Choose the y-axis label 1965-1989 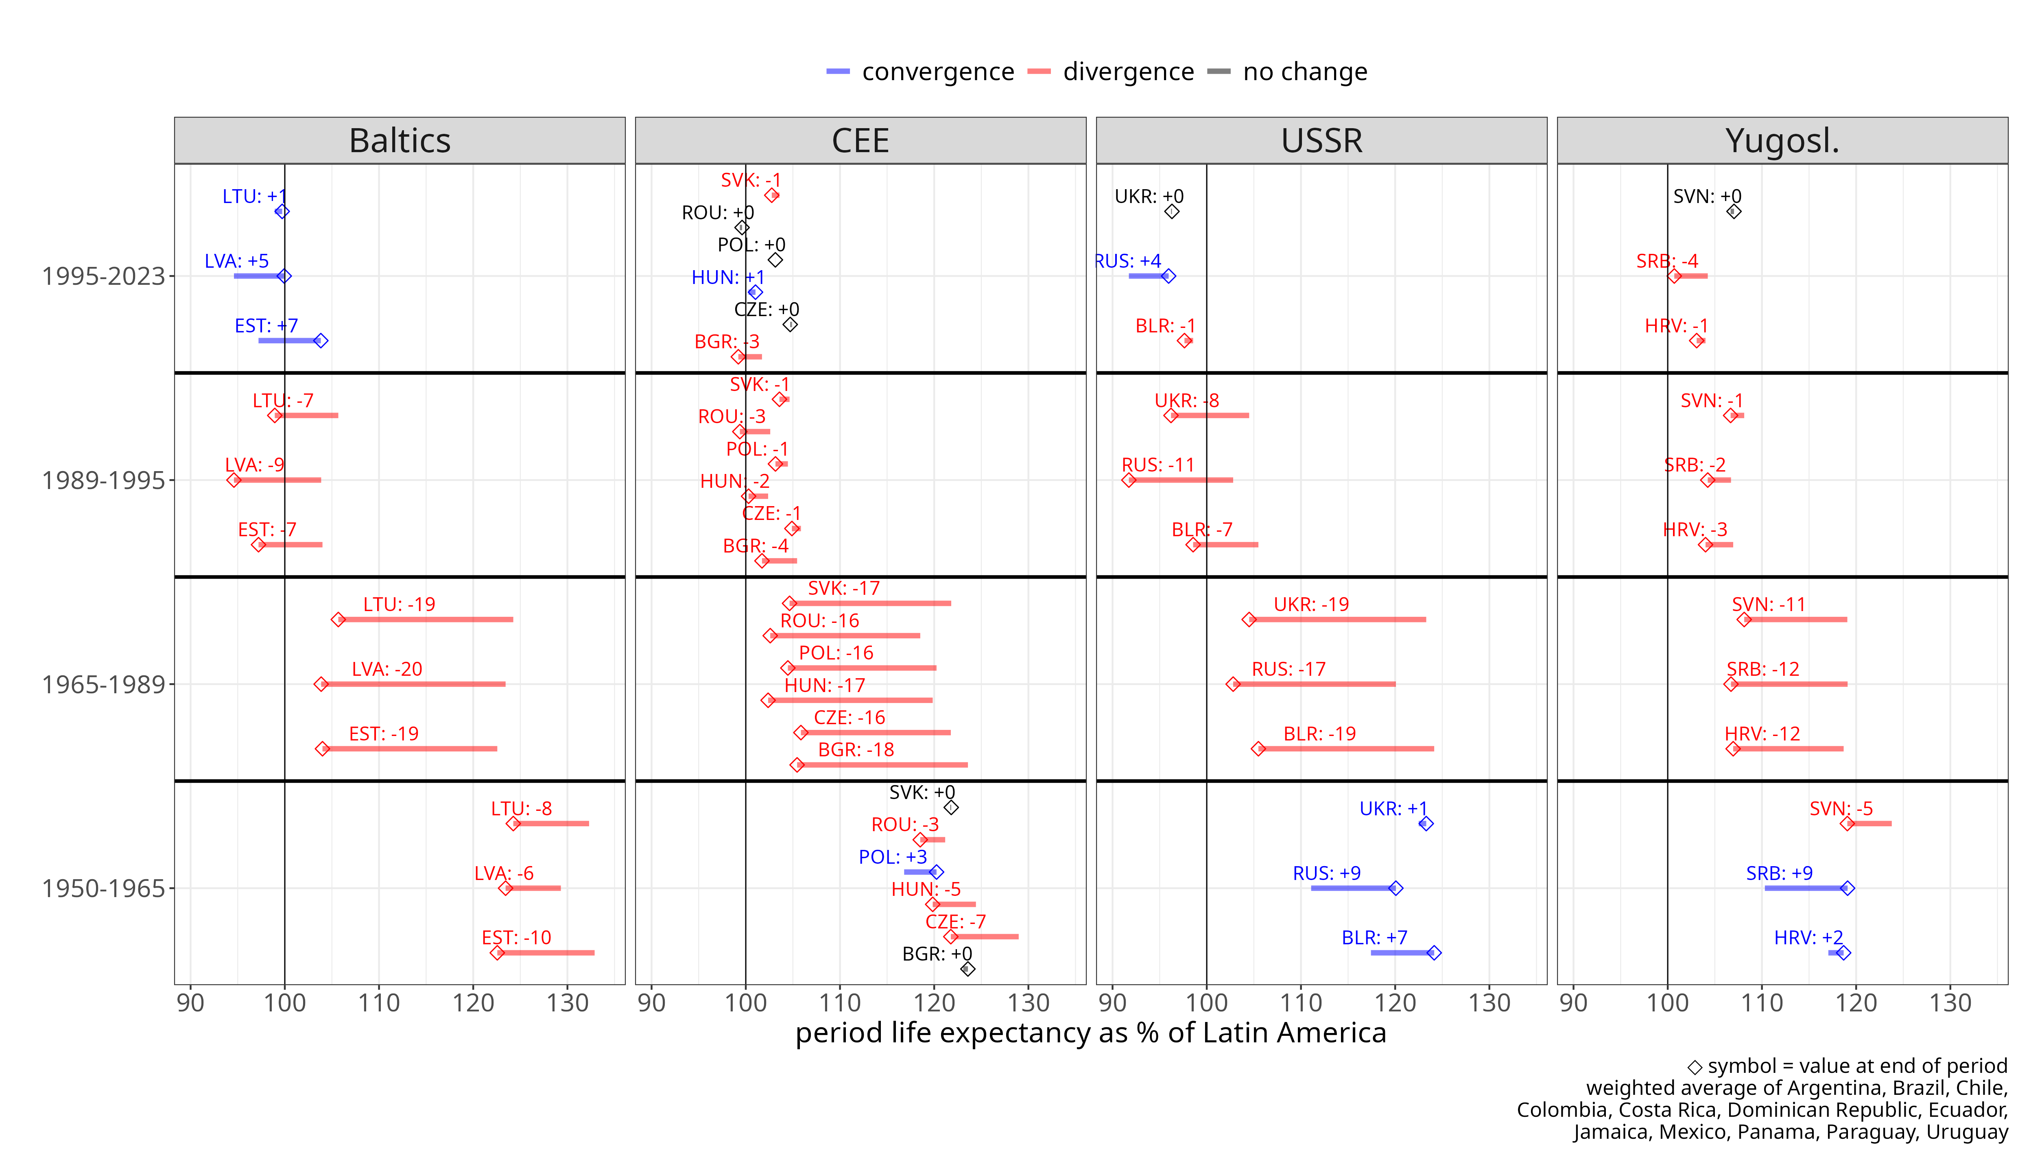(x=103, y=684)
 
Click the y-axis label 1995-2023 (x=103, y=276)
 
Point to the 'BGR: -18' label (x=855, y=750)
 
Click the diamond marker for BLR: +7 (x=1434, y=953)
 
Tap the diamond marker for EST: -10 (x=497, y=953)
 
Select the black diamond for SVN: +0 (x=1733, y=212)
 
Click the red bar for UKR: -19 (x=1338, y=619)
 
